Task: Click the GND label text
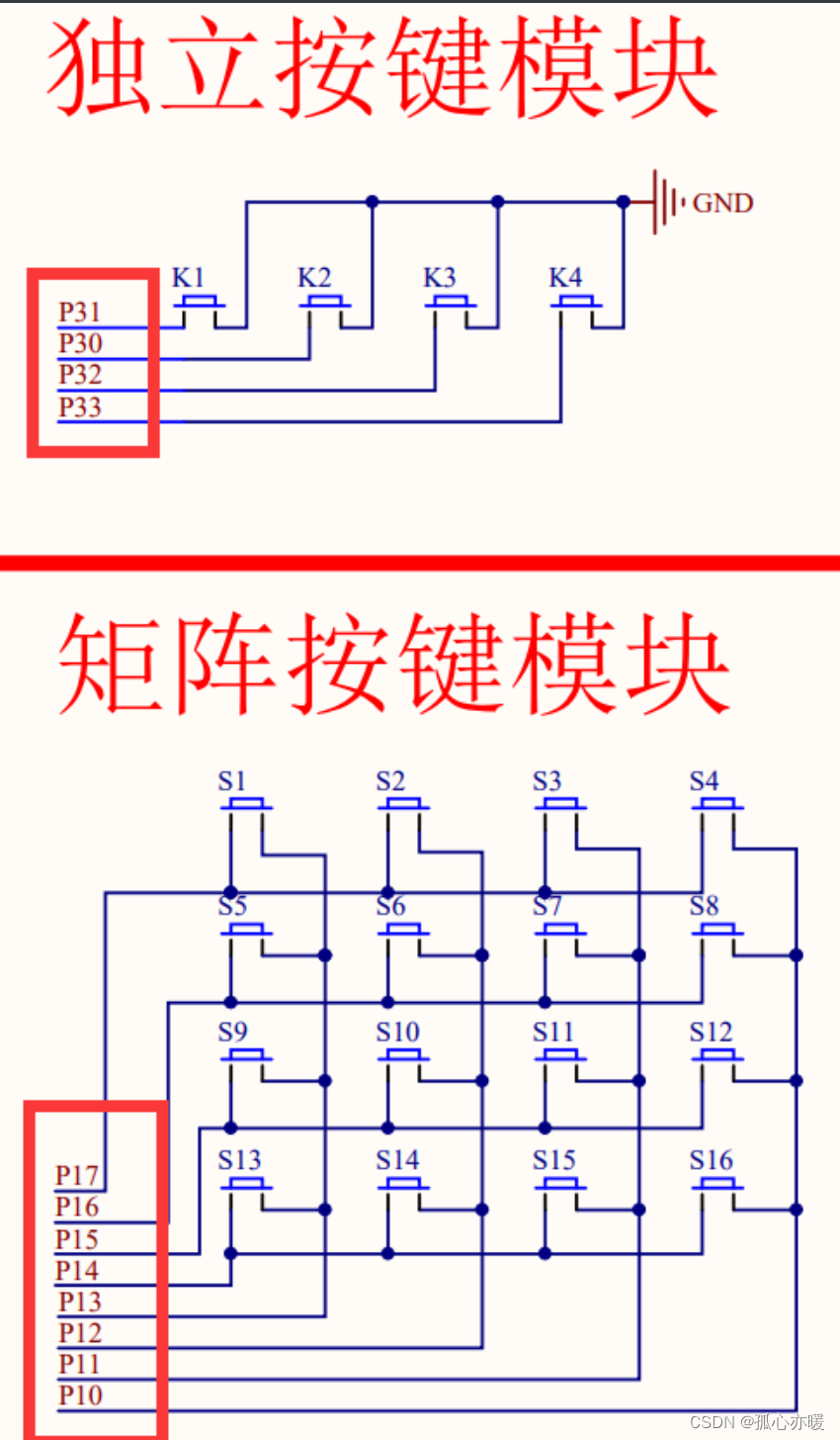[722, 204]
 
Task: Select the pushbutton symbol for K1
[201, 305]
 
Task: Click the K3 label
[440, 278]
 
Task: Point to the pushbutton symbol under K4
[576, 305]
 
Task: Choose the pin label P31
[80, 313]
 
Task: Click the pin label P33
[80, 406]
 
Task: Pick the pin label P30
[80, 344]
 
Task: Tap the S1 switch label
[232, 781]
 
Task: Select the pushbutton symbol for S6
[403, 932]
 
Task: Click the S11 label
[553, 1033]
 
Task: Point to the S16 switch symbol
[717, 1184]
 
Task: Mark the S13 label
[239, 1158]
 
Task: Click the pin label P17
[77, 1175]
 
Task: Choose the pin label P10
[80, 1395]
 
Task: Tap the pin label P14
[77, 1270]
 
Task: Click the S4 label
[704, 781]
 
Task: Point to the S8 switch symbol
[717, 932]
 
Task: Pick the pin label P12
[80, 1332]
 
